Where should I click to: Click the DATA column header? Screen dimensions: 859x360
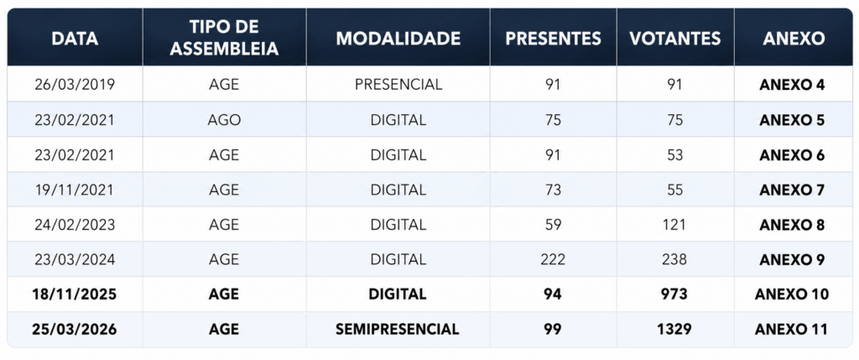(x=75, y=39)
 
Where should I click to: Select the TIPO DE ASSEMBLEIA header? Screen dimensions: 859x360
(x=224, y=39)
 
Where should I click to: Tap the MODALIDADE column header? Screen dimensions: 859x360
(x=398, y=39)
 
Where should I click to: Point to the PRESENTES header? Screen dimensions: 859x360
(x=553, y=39)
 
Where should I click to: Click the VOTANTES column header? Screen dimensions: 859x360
(x=675, y=39)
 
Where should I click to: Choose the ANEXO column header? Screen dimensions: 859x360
(x=794, y=39)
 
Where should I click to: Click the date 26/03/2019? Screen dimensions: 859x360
(x=75, y=85)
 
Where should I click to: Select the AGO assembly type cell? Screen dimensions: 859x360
(x=224, y=120)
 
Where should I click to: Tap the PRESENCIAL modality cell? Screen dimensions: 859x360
(x=398, y=85)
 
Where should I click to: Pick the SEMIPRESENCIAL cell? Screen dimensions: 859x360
(x=397, y=329)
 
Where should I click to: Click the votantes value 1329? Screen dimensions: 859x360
(x=675, y=329)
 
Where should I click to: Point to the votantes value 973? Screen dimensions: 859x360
(x=674, y=295)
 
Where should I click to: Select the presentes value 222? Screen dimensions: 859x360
(x=553, y=259)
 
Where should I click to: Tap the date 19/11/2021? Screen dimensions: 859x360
(x=75, y=190)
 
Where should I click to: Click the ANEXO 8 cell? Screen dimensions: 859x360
(x=792, y=225)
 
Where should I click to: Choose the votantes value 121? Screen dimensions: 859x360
(x=675, y=225)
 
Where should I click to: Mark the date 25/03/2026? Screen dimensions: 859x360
(x=75, y=329)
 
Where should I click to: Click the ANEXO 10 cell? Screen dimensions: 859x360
(x=792, y=295)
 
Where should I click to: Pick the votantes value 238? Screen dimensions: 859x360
(x=675, y=259)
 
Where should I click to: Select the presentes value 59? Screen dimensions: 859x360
(x=553, y=225)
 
